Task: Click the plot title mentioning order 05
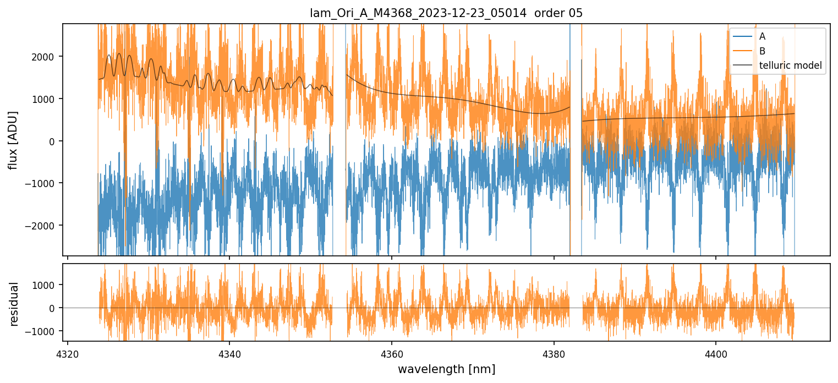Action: [446, 14]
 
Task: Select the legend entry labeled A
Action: [763, 36]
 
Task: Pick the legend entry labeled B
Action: [763, 51]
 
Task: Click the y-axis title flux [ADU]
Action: [13, 140]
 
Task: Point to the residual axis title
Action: [14, 304]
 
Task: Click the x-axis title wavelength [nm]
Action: [446, 369]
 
